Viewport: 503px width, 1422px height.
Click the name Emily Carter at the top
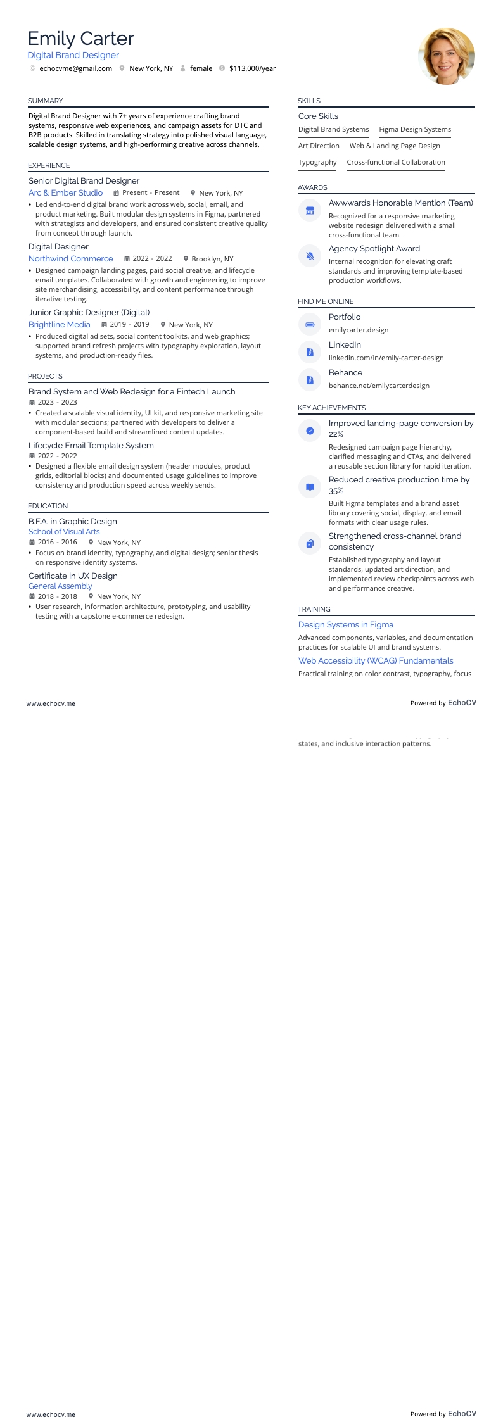point(81,39)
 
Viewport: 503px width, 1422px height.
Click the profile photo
point(447,56)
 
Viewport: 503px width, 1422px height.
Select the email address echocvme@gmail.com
point(75,68)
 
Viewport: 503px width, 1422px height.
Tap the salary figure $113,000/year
point(252,68)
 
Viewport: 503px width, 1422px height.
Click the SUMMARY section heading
point(46,101)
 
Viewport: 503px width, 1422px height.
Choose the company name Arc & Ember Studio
point(65,192)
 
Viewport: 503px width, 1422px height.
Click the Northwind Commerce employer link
point(70,258)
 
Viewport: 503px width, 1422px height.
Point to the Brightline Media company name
point(60,324)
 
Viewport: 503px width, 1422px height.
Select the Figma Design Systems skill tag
point(415,129)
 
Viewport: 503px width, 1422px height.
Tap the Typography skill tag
point(317,162)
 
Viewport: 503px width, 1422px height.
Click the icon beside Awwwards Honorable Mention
point(310,211)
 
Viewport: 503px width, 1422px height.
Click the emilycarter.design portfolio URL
point(359,330)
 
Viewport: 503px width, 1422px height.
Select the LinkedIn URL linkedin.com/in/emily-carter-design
point(386,358)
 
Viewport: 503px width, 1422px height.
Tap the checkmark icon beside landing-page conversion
point(310,431)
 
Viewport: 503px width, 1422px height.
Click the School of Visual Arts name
point(64,532)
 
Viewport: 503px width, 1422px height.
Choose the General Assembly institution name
point(60,586)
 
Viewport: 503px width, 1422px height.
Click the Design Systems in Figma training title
point(346,624)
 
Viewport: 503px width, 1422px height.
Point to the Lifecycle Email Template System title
point(91,446)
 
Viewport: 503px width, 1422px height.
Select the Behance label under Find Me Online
point(345,373)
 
